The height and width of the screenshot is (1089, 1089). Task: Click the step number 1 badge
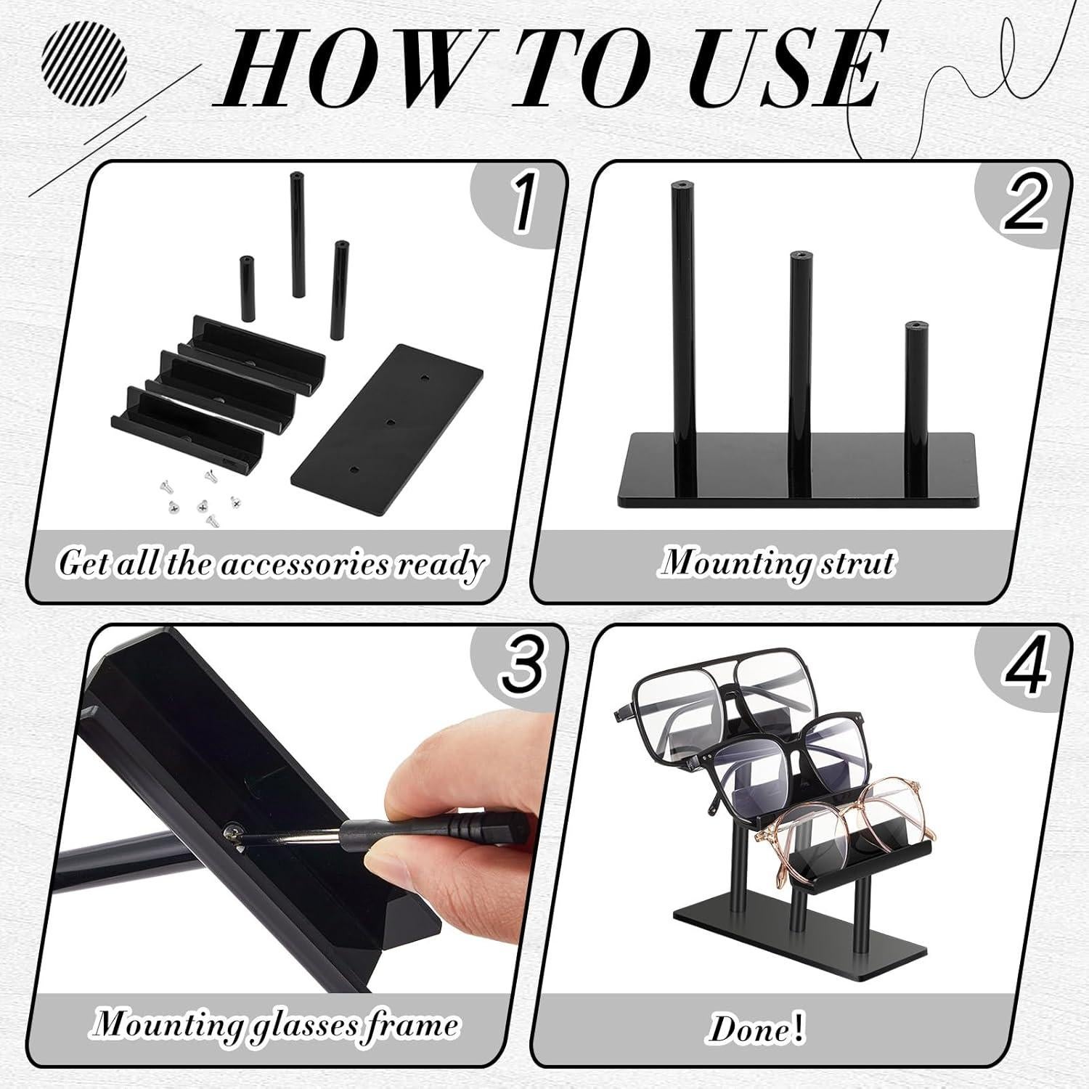(x=521, y=205)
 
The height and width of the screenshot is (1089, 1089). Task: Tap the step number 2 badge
(x=1024, y=205)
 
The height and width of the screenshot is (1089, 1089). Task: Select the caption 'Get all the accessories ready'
(x=270, y=563)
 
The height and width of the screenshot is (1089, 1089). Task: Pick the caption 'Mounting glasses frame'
(x=276, y=1024)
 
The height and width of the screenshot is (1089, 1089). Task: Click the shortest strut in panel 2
(x=913, y=407)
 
